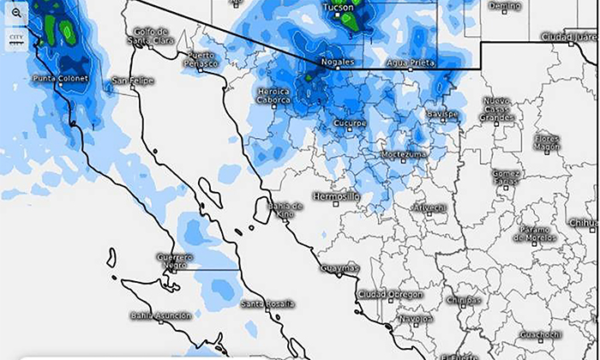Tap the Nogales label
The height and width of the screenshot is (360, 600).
[x=337, y=63]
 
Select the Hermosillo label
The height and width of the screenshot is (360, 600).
[x=337, y=196]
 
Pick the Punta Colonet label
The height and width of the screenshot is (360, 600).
[x=60, y=79]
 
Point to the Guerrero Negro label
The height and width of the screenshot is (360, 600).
[x=175, y=260]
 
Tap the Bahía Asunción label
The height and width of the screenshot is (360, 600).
[x=160, y=315]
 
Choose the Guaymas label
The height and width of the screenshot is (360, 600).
[x=339, y=268]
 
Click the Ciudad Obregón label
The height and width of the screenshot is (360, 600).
[x=389, y=294]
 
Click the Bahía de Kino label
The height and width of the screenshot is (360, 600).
[x=285, y=210]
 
